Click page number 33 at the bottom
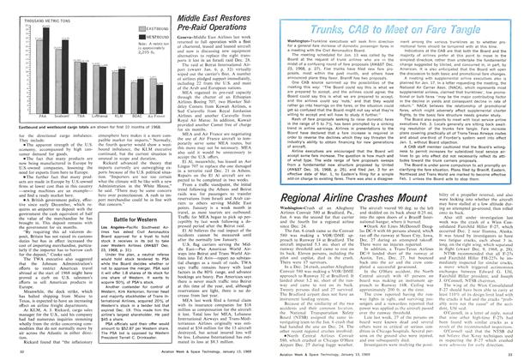pos(503,351)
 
